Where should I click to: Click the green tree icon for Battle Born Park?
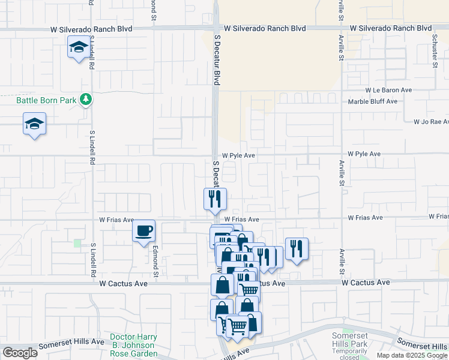coord(86,100)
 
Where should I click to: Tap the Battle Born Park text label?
coord(46,100)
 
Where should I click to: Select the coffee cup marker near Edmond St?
coord(143,231)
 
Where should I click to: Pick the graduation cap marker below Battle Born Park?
coord(34,124)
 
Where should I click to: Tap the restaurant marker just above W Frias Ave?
coord(215,199)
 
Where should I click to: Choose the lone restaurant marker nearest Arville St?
coord(297,248)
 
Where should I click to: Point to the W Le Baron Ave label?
coord(388,90)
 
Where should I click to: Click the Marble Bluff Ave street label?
coord(373,101)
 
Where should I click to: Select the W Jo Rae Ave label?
coord(430,122)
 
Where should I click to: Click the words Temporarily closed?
coord(350,354)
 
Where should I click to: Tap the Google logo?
coord(20,353)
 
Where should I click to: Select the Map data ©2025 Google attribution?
coord(412,355)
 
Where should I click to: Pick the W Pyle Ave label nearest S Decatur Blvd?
coord(239,155)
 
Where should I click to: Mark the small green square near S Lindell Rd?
coord(77,243)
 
